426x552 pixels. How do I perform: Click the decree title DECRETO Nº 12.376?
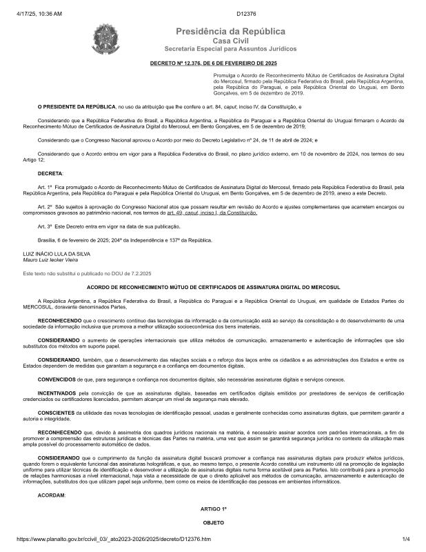point(212,63)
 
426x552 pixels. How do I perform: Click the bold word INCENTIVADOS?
point(61,392)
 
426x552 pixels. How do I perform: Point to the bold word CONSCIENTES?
point(59,413)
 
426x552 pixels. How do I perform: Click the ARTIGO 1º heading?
point(212,508)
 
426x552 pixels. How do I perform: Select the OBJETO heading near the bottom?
point(212,523)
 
